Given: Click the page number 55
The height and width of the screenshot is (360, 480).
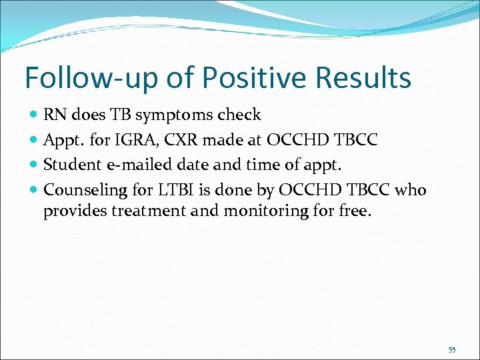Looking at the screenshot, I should click(x=452, y=350).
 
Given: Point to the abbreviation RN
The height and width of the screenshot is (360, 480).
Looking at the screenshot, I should click(x=55, y=115).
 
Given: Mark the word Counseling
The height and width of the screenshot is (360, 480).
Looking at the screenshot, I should click(x=85, y=190).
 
